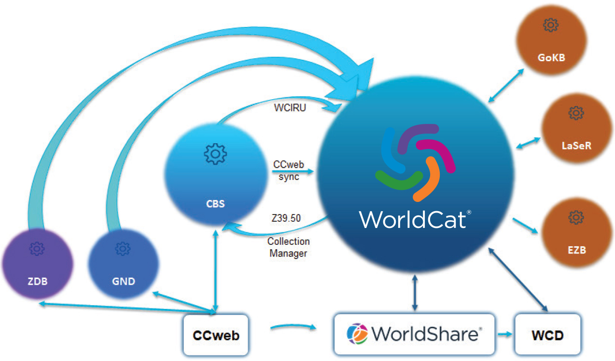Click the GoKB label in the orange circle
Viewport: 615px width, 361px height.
pyautogui.click(x=551, y=58)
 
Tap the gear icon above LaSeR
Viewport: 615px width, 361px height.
pyautogui.click(x=575, y=113)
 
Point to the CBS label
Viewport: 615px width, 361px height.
pyautogui.click(x=215, y=203)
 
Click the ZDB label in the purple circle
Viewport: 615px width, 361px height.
pyautogui.click(x=37, y=281)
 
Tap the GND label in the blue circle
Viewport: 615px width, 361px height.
pyautogui.click(x=123, y=281)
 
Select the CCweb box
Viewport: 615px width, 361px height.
pyautogui.click(x=216, y=335)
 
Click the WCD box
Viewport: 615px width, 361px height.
pyautogui.click(x=547, y=335)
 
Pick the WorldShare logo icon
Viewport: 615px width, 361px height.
pyautogui.click(x=357, y=334)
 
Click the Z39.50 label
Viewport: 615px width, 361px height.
pyautogui.click(x=286, y=218)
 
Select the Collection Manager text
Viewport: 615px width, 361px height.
pyautogui.click(x=288, y=247)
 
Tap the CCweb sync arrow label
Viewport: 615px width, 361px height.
pyautogui.click(x=289, y=171)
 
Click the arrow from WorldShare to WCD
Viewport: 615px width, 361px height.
pyautogui.click(x=505, y=334)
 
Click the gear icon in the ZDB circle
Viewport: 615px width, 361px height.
pyautogui.click(x=37, y=248)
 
